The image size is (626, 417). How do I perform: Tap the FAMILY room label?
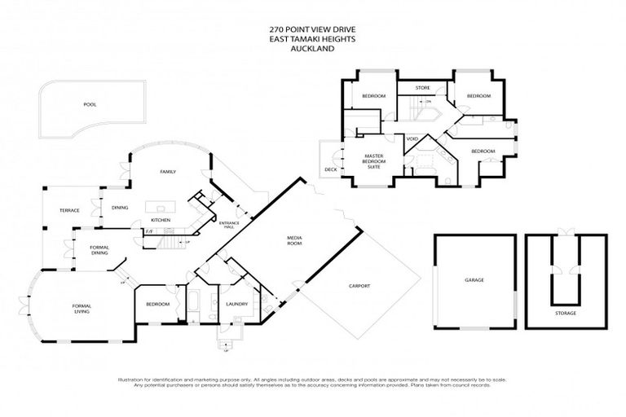[x=169, y=172]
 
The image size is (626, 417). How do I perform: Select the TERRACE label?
[x=69, y=210]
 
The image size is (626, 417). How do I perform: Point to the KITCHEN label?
[x=160, y=220]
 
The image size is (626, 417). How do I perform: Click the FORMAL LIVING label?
[x=82, y=308]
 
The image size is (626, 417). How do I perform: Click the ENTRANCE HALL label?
[x=229, y=226]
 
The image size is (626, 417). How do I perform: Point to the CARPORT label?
[x=359, y=286]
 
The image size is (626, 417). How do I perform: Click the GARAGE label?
[x=474, y=280]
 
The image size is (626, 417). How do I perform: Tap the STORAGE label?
[x=566, y=313]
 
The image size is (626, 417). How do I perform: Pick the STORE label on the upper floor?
[x=422, y=87]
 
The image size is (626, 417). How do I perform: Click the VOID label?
[x=412, y=138]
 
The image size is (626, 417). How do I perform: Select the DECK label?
[x=330, y=169]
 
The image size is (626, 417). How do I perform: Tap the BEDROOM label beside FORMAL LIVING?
[x=157, y=304]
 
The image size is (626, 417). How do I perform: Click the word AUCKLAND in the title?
[x=313, y=48]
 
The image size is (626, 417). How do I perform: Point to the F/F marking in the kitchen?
[x=149, y=232]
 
